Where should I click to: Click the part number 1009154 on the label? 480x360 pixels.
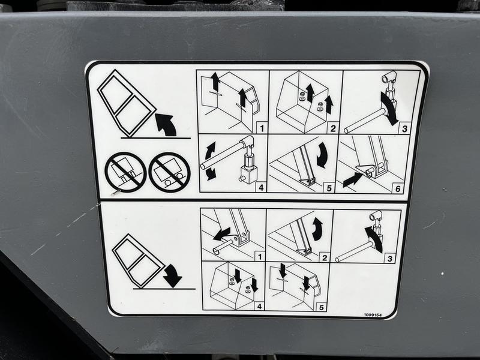[x=373, y=315]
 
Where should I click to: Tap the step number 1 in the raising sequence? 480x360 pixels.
[x=262, y=128]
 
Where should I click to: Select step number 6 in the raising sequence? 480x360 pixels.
[x=398, y=188]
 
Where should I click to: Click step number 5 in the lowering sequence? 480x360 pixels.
[x=321, y=307]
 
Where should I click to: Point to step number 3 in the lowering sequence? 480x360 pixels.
[x=389, y=259]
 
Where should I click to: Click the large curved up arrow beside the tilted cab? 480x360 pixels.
[x=166, y=124]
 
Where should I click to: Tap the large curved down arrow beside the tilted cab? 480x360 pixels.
[x=173, y=275]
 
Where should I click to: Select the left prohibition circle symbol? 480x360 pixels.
[x=125, y=172]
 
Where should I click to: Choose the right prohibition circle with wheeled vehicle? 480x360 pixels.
[x=169, y=172]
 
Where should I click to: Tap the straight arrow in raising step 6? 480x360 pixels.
[x=353, y=179]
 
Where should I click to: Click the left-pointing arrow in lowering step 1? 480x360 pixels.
[x=221, y=234]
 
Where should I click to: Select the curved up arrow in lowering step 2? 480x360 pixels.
[x=318, y=229]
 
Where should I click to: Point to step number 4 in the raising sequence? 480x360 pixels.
[x=261, y=187]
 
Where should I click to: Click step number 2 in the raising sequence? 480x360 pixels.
[x=333, y=128]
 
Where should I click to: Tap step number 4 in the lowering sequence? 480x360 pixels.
[x=259, y=306]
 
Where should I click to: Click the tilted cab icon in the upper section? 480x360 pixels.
[x=127, y=103]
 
